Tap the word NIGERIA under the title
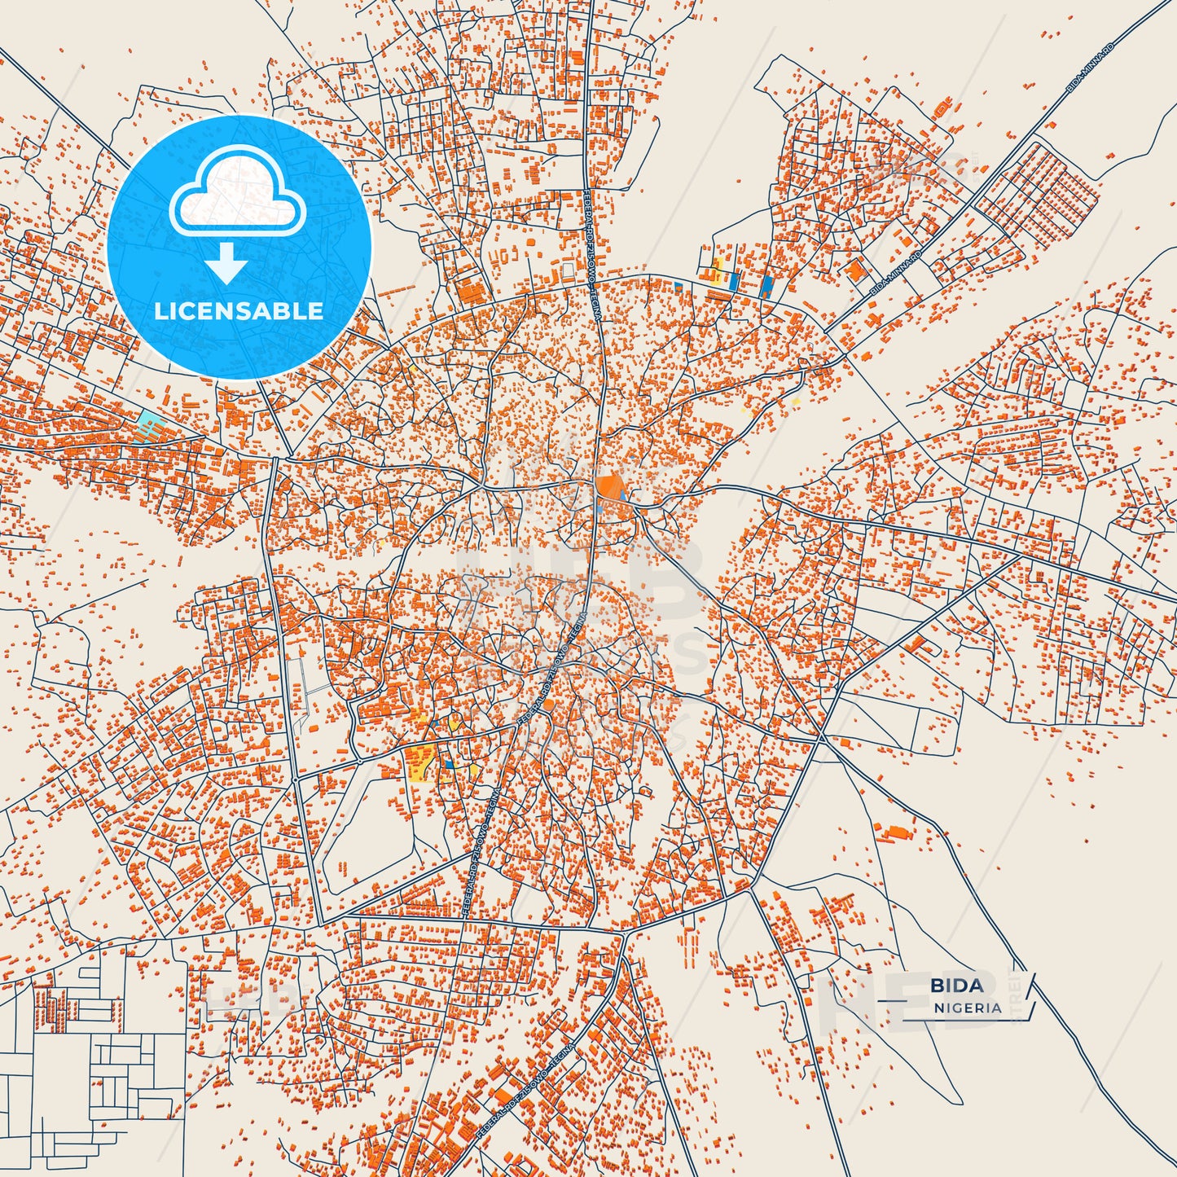tap(968, 1008)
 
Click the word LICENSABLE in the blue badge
tap(239, 310)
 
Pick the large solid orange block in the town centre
tap(608, 487)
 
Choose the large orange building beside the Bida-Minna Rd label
tap(854, 270)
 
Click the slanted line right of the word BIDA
tap(1030, 986)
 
